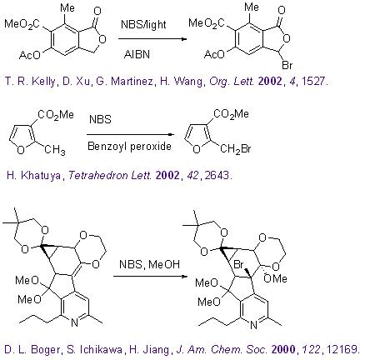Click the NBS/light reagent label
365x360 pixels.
[143, 24]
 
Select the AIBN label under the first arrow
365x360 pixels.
[137, 54]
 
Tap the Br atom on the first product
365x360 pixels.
[287, 65]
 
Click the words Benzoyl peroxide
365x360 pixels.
[129, 146]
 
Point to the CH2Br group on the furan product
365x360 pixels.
[236, 149]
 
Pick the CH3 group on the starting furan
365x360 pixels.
[55, 150]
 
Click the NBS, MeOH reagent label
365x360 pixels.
[149, 264]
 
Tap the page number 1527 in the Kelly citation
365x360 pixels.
[312, 81]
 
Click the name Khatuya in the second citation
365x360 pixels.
[41, 176]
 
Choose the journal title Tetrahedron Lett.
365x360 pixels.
[110, 176]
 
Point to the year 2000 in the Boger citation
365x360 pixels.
[283, 349]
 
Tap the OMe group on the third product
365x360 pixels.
[275, 278]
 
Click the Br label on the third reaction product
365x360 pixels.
[239, 264]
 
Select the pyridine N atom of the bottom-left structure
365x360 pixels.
[74, 322]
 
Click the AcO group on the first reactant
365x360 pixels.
[30, 55]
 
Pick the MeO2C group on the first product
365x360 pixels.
[207, 23]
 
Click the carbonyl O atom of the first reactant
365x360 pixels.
[97, 11]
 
